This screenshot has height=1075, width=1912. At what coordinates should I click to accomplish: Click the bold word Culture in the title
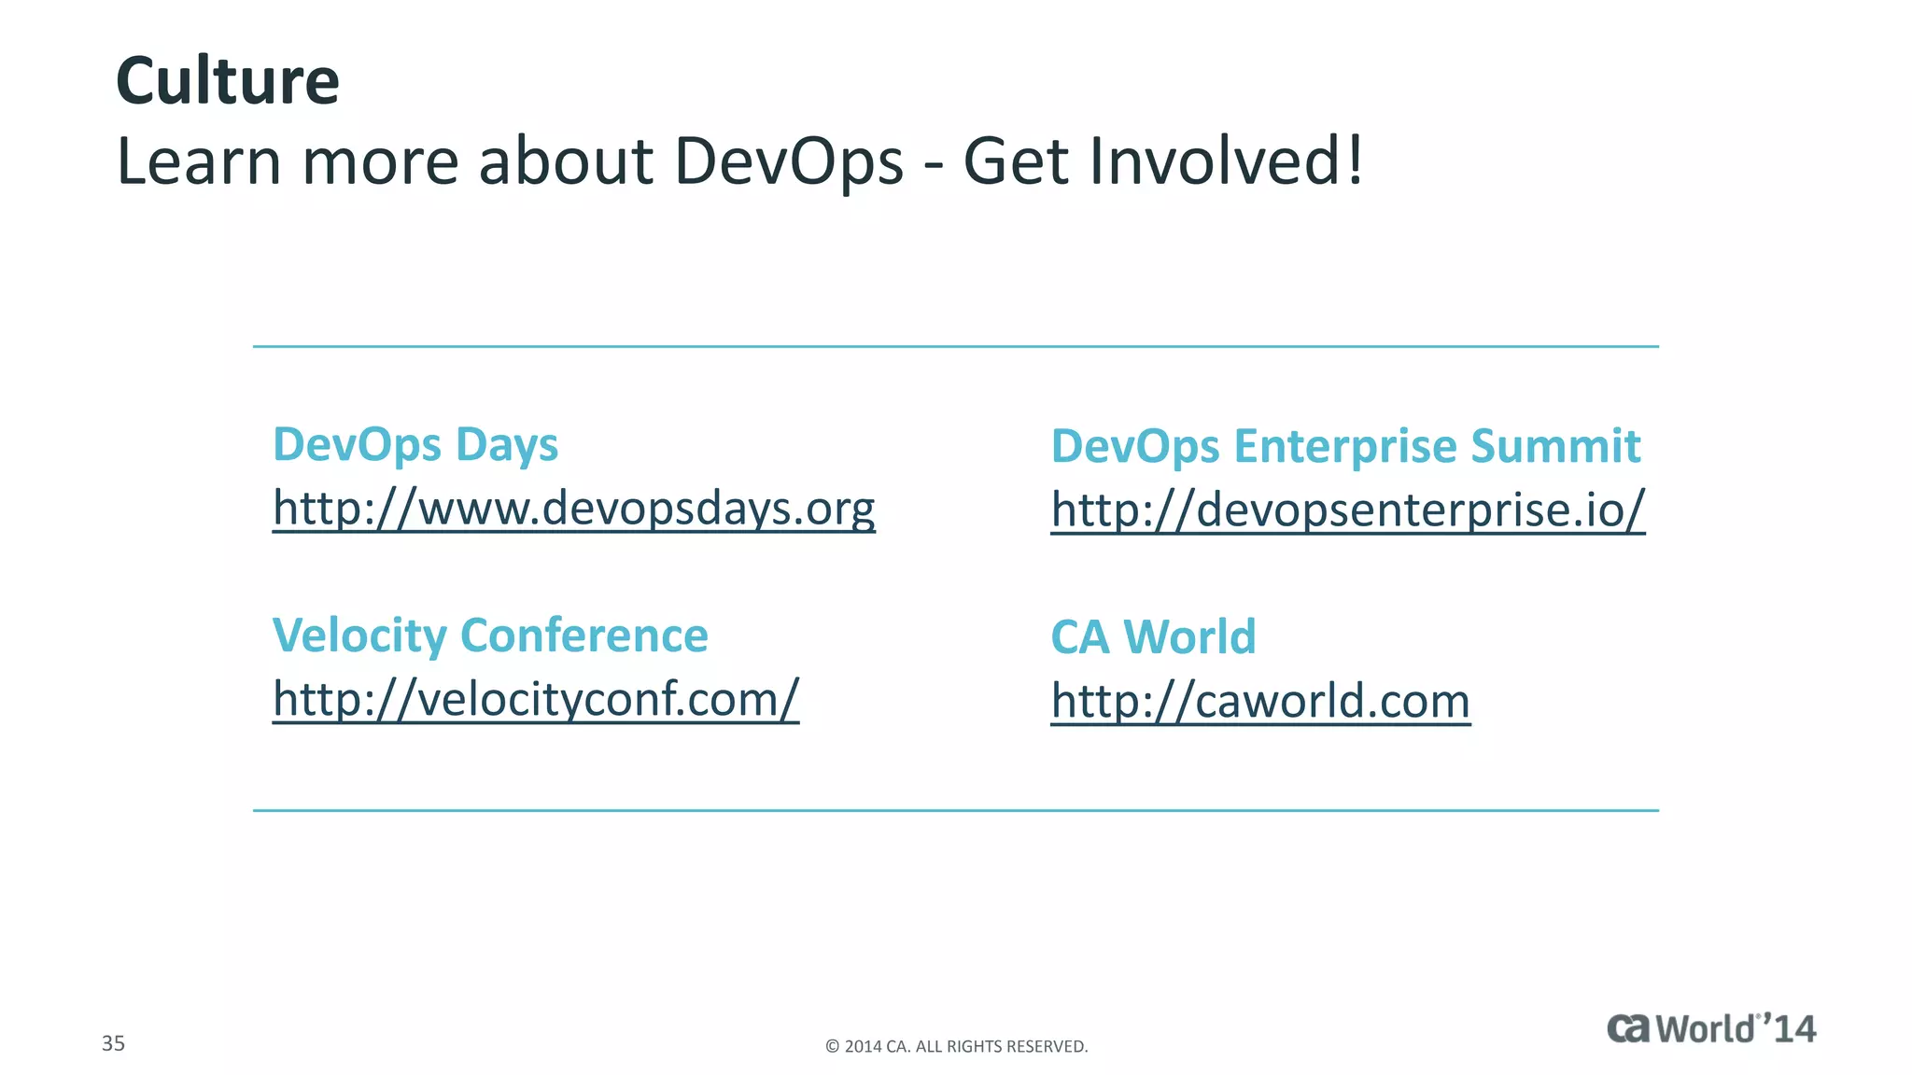[227, 81]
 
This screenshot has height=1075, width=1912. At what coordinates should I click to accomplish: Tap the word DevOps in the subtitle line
[789, 161]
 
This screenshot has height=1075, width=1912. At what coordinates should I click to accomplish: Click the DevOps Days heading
[415, 444]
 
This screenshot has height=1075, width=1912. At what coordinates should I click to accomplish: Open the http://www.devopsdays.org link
[573, 509]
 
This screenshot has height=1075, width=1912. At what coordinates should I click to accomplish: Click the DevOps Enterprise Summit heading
[1345, 446]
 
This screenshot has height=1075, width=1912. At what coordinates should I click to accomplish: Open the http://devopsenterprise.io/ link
[1347, 510]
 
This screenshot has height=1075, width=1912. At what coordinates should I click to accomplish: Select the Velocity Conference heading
[490, 635]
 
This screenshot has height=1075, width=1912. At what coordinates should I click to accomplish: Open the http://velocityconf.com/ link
[536, 699]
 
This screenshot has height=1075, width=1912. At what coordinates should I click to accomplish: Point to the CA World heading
[1153, 637]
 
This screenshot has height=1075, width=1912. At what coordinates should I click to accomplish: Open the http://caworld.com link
[1260, 701]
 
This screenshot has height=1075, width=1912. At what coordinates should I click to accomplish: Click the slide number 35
[113, 1043]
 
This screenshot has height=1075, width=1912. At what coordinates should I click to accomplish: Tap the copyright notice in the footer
[956, 1046]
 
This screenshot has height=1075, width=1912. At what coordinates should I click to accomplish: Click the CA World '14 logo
[1711, 1028]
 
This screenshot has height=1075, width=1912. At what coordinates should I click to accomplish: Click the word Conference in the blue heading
[584, 635]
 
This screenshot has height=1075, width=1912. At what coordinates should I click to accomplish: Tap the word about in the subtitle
[565, 161]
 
